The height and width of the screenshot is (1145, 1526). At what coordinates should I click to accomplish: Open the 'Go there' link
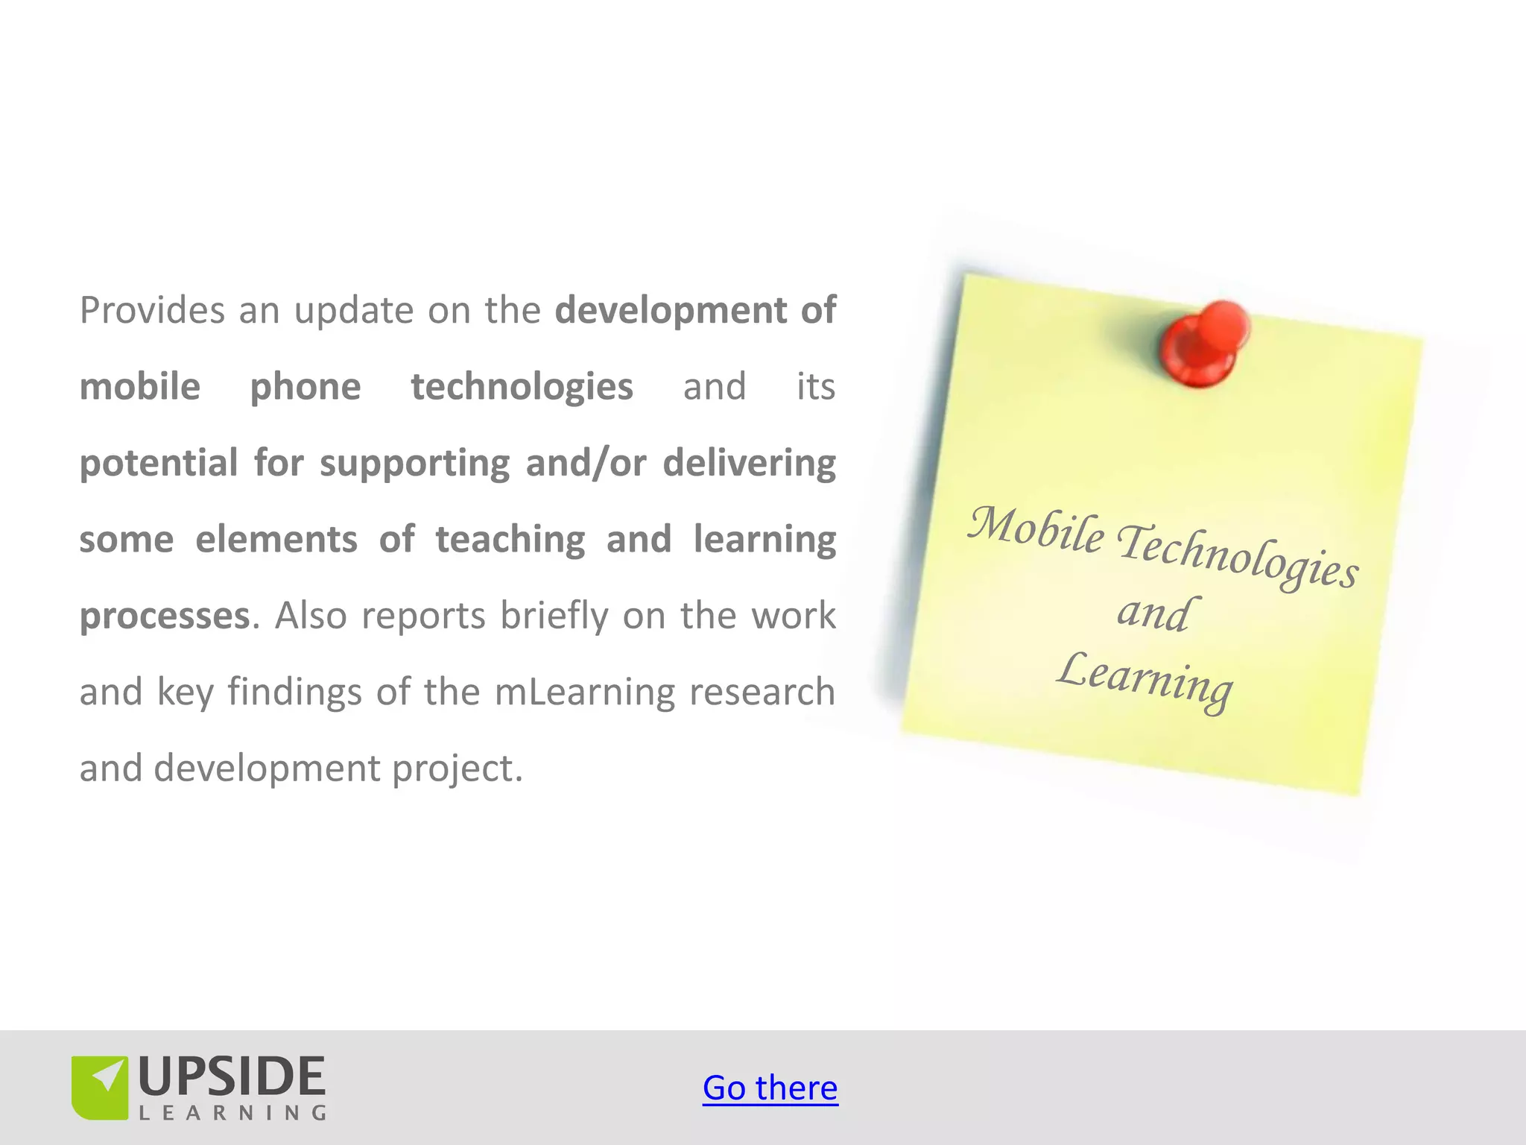pos(770,1088)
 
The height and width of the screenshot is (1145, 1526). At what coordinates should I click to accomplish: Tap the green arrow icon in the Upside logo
pos(101,1086)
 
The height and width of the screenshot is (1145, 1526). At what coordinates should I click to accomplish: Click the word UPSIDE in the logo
pos(232,1077)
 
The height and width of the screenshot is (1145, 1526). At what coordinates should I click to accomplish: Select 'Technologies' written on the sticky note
pos(1237,556)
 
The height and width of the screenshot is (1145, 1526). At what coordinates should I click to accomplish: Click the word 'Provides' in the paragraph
pos(152,310)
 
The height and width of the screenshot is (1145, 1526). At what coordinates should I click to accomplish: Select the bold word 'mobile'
pos(140,387)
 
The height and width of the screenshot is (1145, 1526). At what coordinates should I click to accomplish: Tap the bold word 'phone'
pos(305,387)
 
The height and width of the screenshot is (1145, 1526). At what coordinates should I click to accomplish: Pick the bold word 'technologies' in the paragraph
pos(522,387)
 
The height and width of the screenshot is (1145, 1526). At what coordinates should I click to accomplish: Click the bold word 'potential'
pos(159,464)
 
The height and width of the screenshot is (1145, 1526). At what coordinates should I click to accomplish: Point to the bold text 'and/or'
pos(586,463)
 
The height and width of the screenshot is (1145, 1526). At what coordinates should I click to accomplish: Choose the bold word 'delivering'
pos(749,464)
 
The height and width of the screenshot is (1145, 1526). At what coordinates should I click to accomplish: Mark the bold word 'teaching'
pos(510,540)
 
